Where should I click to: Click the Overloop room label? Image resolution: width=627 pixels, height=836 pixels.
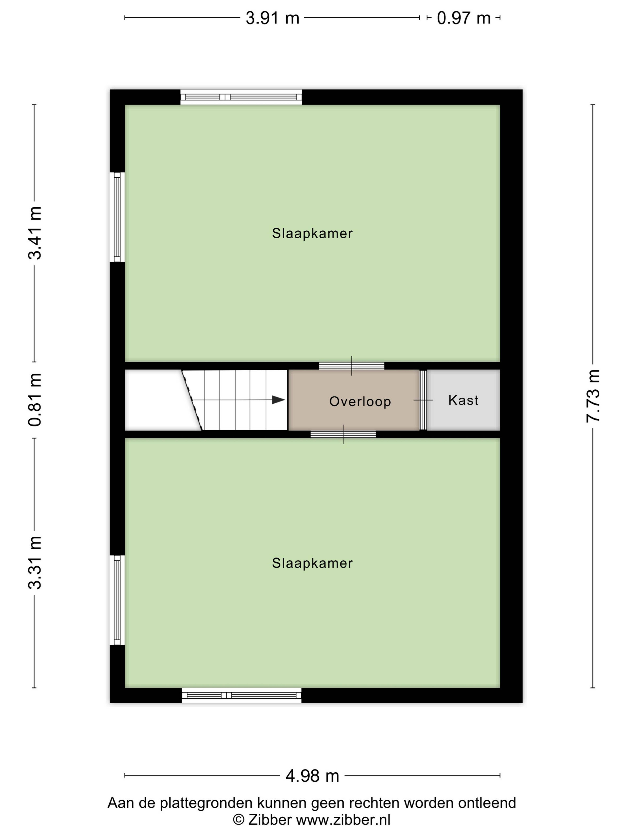tap(360, 401)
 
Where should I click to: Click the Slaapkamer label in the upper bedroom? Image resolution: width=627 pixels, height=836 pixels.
tap(312, 233)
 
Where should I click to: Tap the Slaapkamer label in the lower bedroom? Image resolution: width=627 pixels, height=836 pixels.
tap(312, 563)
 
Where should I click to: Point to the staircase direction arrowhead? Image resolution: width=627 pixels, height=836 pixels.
tap(279, 400)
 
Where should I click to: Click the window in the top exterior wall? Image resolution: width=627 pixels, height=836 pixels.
tap(241, 97)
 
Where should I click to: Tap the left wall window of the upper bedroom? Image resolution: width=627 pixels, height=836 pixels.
tap(117, 217)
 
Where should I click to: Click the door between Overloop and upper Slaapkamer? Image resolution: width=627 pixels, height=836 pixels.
tap(352, 365)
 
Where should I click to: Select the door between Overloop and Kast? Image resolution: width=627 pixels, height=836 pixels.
tap(423, 400)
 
